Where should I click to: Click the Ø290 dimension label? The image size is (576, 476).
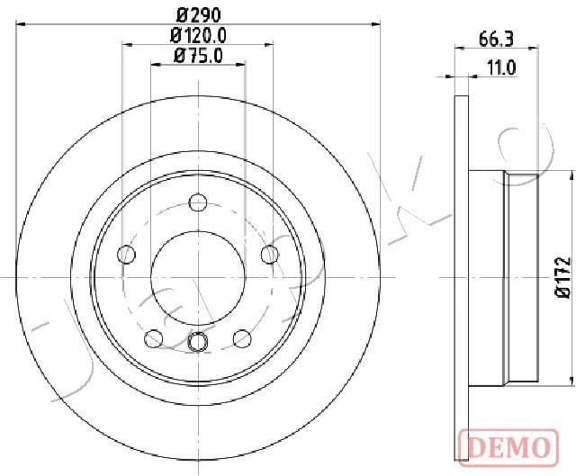[198, 14]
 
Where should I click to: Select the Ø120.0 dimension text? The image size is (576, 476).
[198, 36]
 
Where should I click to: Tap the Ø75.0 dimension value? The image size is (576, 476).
[198, 56]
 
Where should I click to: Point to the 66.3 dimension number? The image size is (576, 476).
[496, 39]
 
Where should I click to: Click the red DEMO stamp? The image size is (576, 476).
[508, 447]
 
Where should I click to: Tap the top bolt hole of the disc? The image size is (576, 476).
[198, 202]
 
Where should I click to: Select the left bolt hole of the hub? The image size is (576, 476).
[126, 254]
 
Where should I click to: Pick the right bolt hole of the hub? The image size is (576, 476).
[270, 254]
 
